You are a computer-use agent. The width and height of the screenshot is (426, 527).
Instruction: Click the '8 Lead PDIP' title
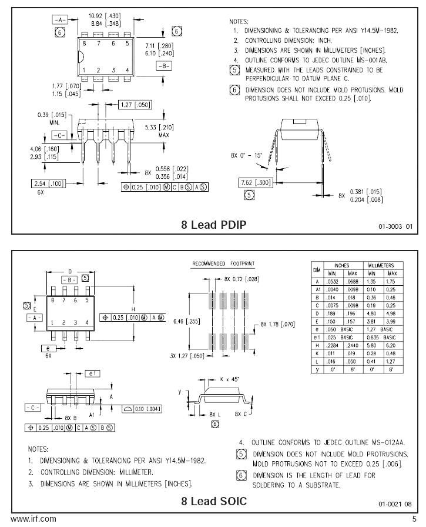[x=213, y=225]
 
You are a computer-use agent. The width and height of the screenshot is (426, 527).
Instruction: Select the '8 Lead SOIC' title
[x=214, y=501]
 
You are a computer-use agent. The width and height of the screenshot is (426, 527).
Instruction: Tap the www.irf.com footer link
[x=33, y=519]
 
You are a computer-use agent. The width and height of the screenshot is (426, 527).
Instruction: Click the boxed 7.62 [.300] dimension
[x=256, y=182]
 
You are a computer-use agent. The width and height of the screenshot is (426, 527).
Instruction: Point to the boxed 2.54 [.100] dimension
[x=48, y=184]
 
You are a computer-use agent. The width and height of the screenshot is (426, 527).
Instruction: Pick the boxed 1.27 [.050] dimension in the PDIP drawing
[x=135, y=105]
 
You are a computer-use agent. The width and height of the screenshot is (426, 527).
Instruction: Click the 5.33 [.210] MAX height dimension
[x=159, y=131]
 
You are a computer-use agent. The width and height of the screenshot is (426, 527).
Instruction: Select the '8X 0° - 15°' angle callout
[x=246, y=155]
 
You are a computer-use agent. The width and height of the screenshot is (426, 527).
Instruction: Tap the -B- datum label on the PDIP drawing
[x=164, y=66]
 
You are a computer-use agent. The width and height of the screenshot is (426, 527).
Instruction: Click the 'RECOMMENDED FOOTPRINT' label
[x=223, y=263]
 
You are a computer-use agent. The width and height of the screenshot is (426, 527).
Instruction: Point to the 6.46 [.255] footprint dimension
[x=187, y=321]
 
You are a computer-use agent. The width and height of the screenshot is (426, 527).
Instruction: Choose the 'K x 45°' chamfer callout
[x=229, y=379]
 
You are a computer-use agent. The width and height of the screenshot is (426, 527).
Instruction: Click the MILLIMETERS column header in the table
[x=381, y=265]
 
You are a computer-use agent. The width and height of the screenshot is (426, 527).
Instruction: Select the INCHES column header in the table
[x=342, y=265]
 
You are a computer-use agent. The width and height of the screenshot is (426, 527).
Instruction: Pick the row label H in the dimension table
[x=317, y=345]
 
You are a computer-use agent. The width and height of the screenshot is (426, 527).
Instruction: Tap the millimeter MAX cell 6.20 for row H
[x=391, y=345]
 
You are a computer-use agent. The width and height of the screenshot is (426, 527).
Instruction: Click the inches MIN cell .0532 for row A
[x=333, y=282]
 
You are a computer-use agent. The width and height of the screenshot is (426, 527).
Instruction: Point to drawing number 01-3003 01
[x=395, y=226]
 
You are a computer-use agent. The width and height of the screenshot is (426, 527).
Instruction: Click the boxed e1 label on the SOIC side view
[x=92, y=373]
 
